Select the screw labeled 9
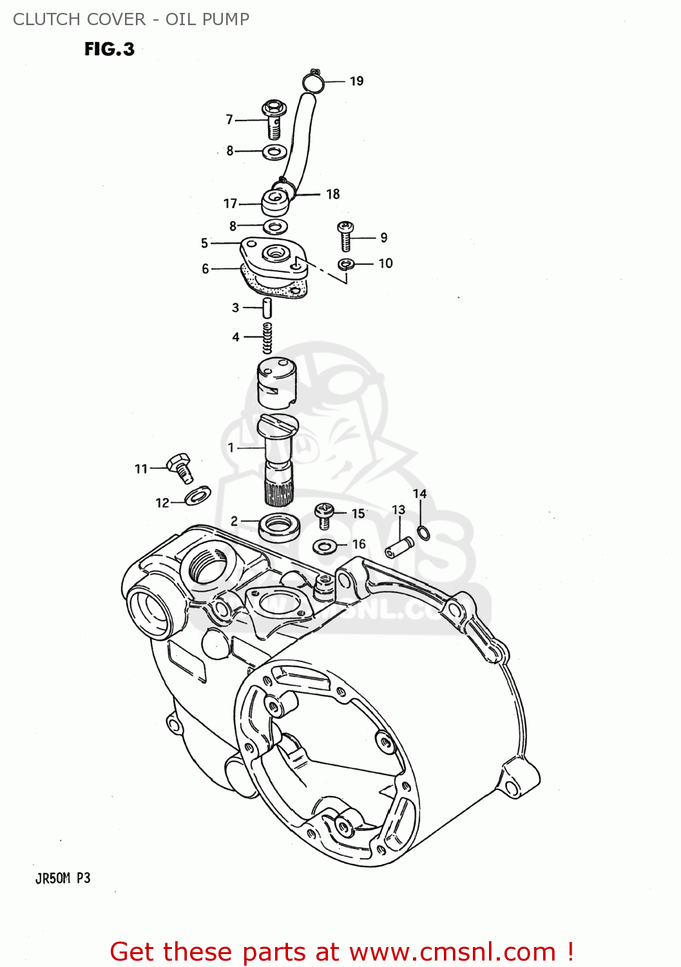[x=345, y=236]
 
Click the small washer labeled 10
[x=346, y=264]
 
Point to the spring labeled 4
[x=267, y=337]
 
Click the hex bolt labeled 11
[x=180, y=467]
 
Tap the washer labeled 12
[x=197, y=495]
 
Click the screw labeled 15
[x=325, y=515]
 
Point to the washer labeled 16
[x=325, y=547]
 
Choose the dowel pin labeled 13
[x=399, y=548]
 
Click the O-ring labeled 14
[x=423, y=532]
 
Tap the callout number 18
[x=332, y=194]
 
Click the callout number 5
[x=204, y=243]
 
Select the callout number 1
[x=231, y=447]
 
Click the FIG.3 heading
[x=110, y=49]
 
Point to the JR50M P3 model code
[x=62, y=878]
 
